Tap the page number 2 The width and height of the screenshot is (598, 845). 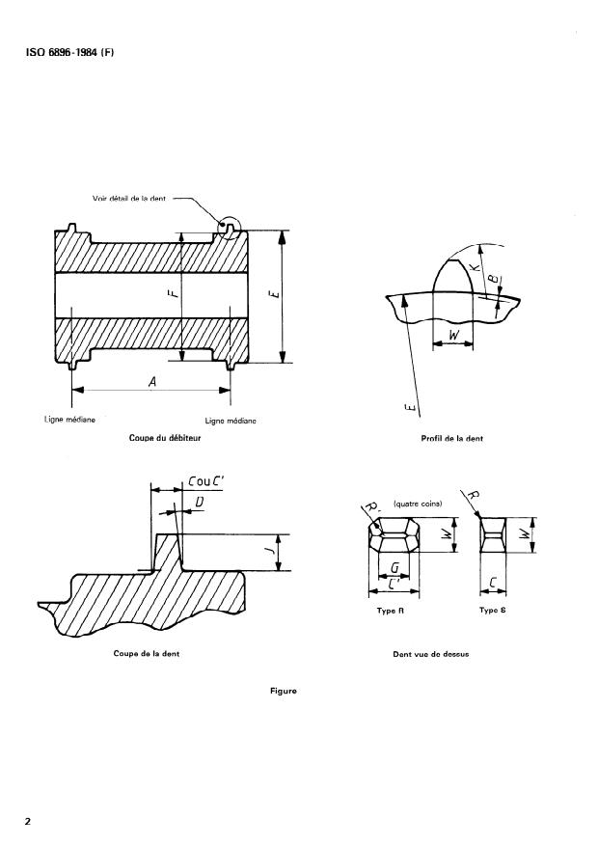click(x=28, y=822)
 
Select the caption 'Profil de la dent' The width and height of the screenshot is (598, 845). click(x=452, y=439)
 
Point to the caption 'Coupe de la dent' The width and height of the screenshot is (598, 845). click(x=147, y=654)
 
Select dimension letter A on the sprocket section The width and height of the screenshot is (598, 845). click(x=152, y=382)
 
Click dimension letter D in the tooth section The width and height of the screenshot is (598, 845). click(x=199, y=502)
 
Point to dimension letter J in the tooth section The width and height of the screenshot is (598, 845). click(x=270, y=553)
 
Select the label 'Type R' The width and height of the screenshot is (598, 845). click(x=389, y=612)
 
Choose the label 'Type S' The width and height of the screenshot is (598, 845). click(x=493, y=612)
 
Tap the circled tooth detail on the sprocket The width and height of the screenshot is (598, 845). click(x=231, y=228)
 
